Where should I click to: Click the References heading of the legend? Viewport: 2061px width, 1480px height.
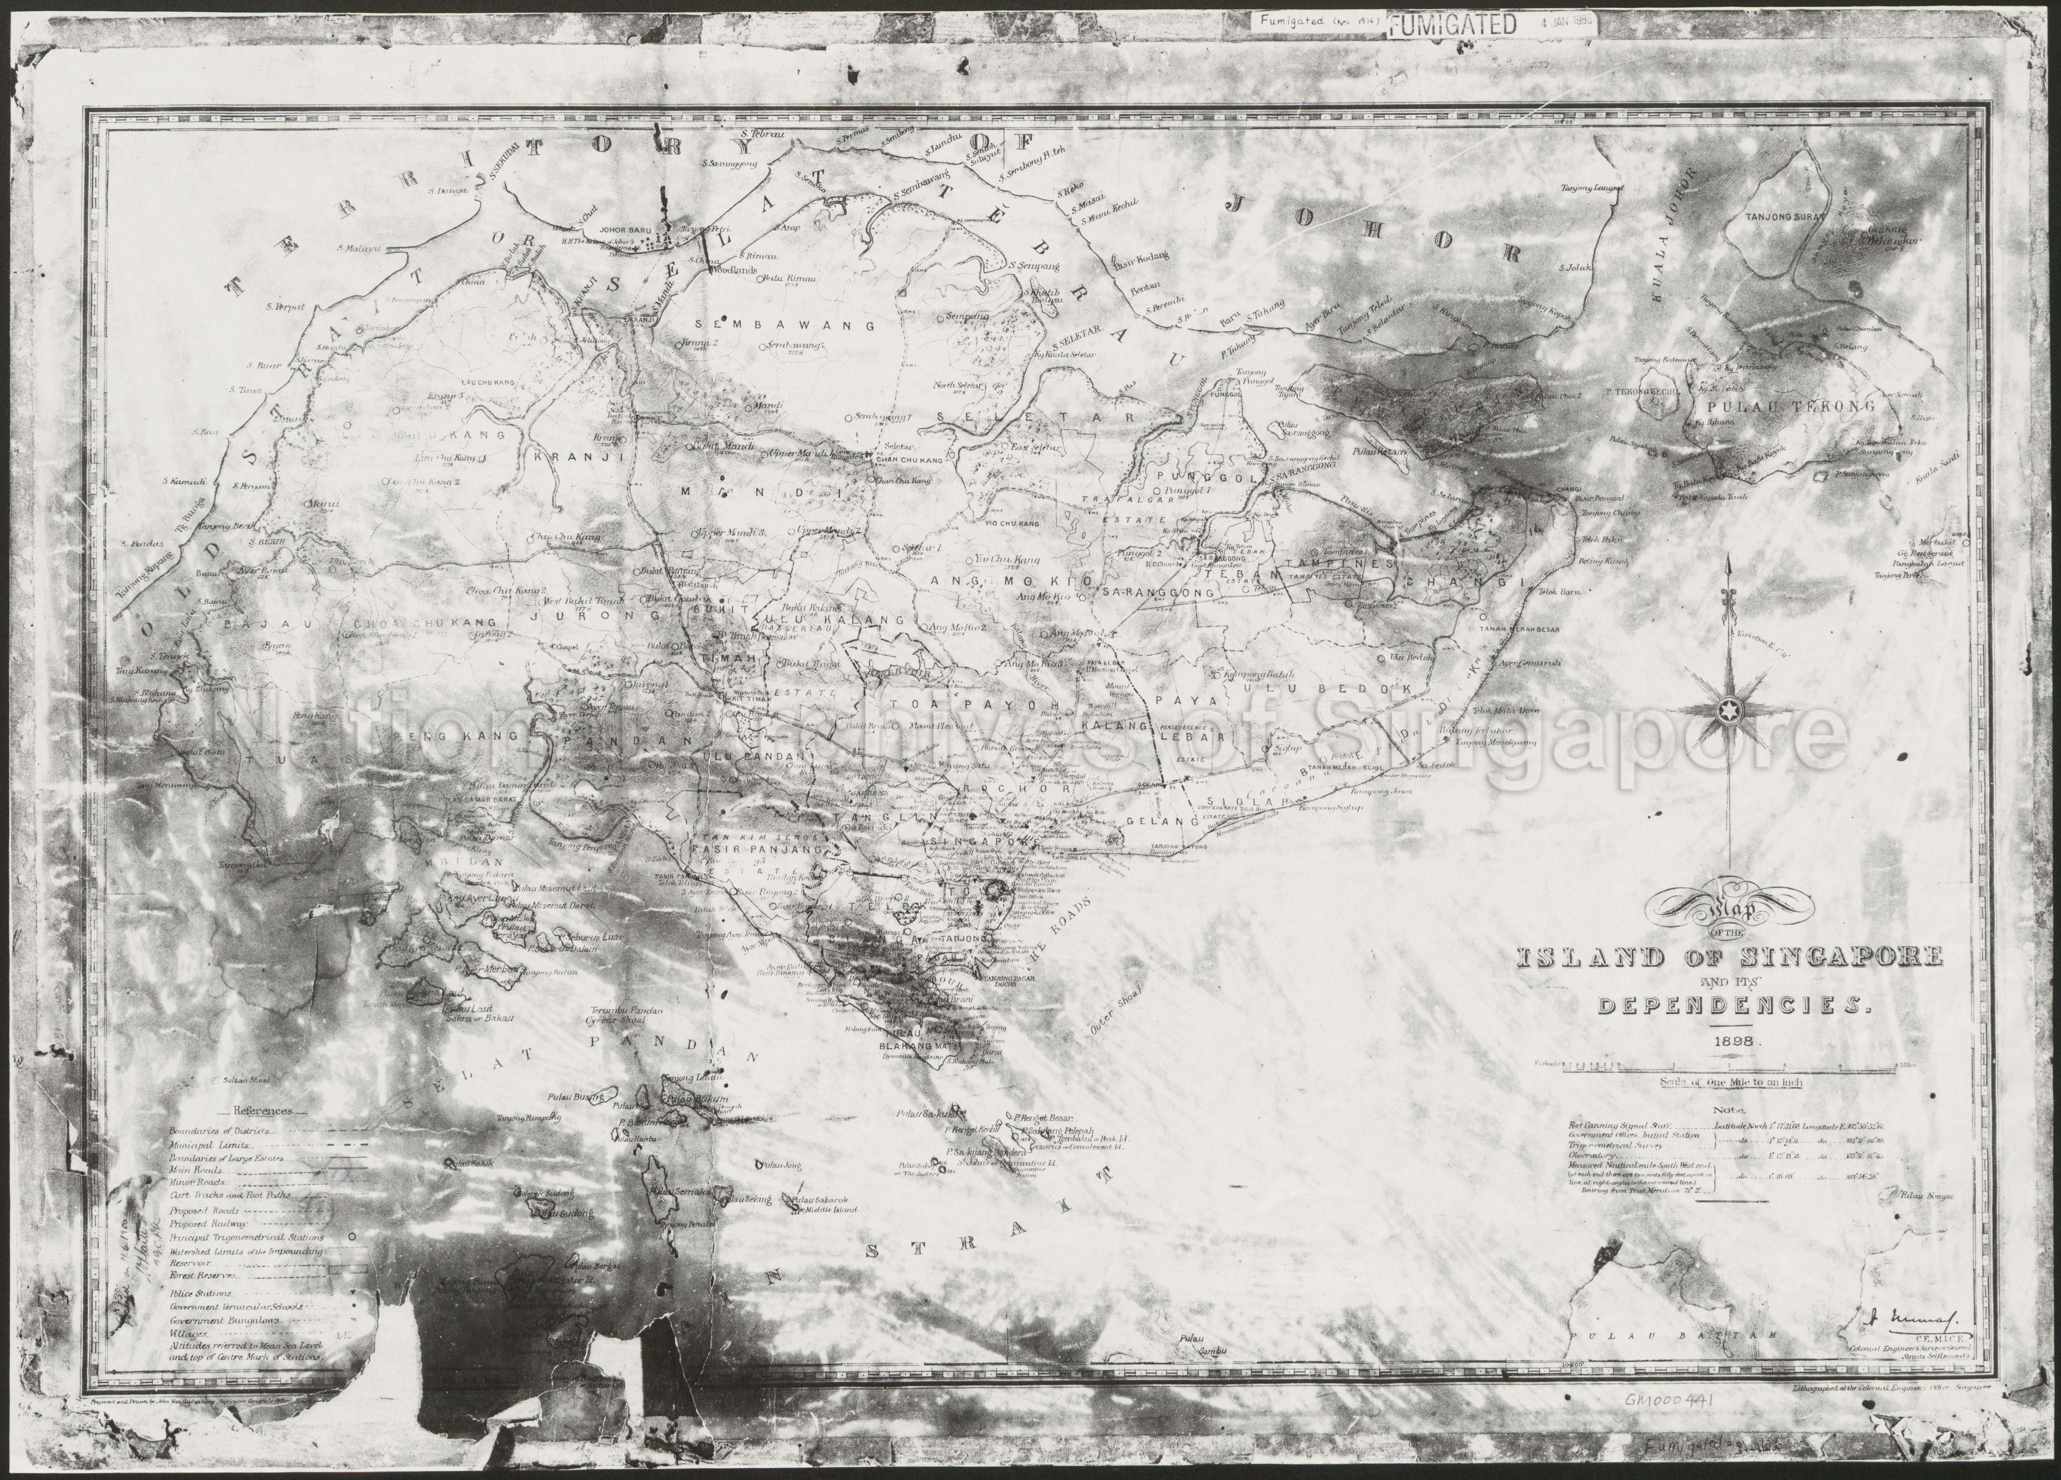[x=264, y=1110]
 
